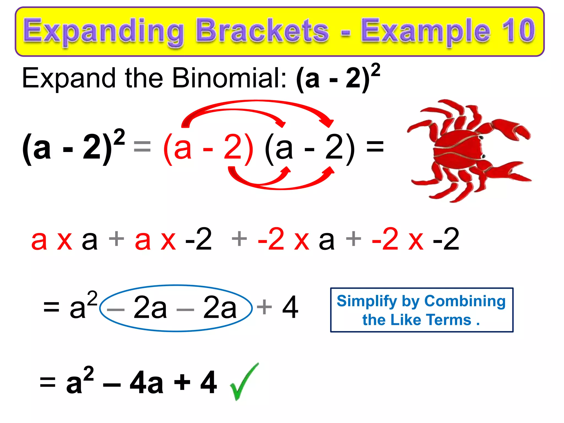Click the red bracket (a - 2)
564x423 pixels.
[x=208, y=149]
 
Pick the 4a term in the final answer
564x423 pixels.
[x=147, y=383]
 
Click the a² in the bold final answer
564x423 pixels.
[x=80, y=381]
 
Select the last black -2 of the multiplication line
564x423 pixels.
[x=446, y=240]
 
